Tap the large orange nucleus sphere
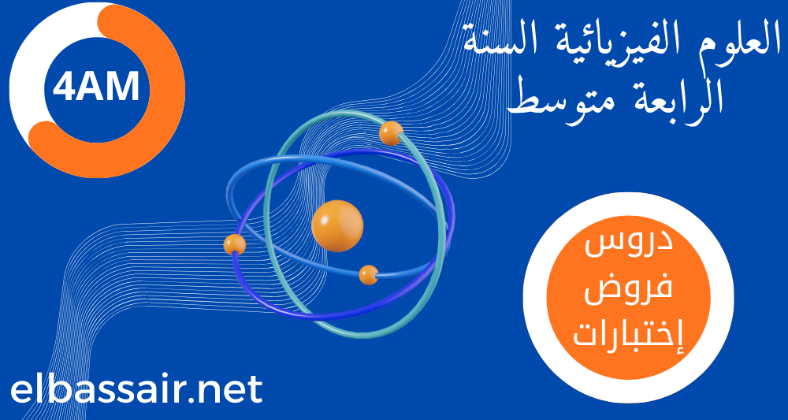[337, 225]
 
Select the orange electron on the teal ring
[391, 133]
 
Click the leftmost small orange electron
[235, 244]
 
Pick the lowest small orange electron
[369, 275]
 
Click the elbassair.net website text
[136, 390]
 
